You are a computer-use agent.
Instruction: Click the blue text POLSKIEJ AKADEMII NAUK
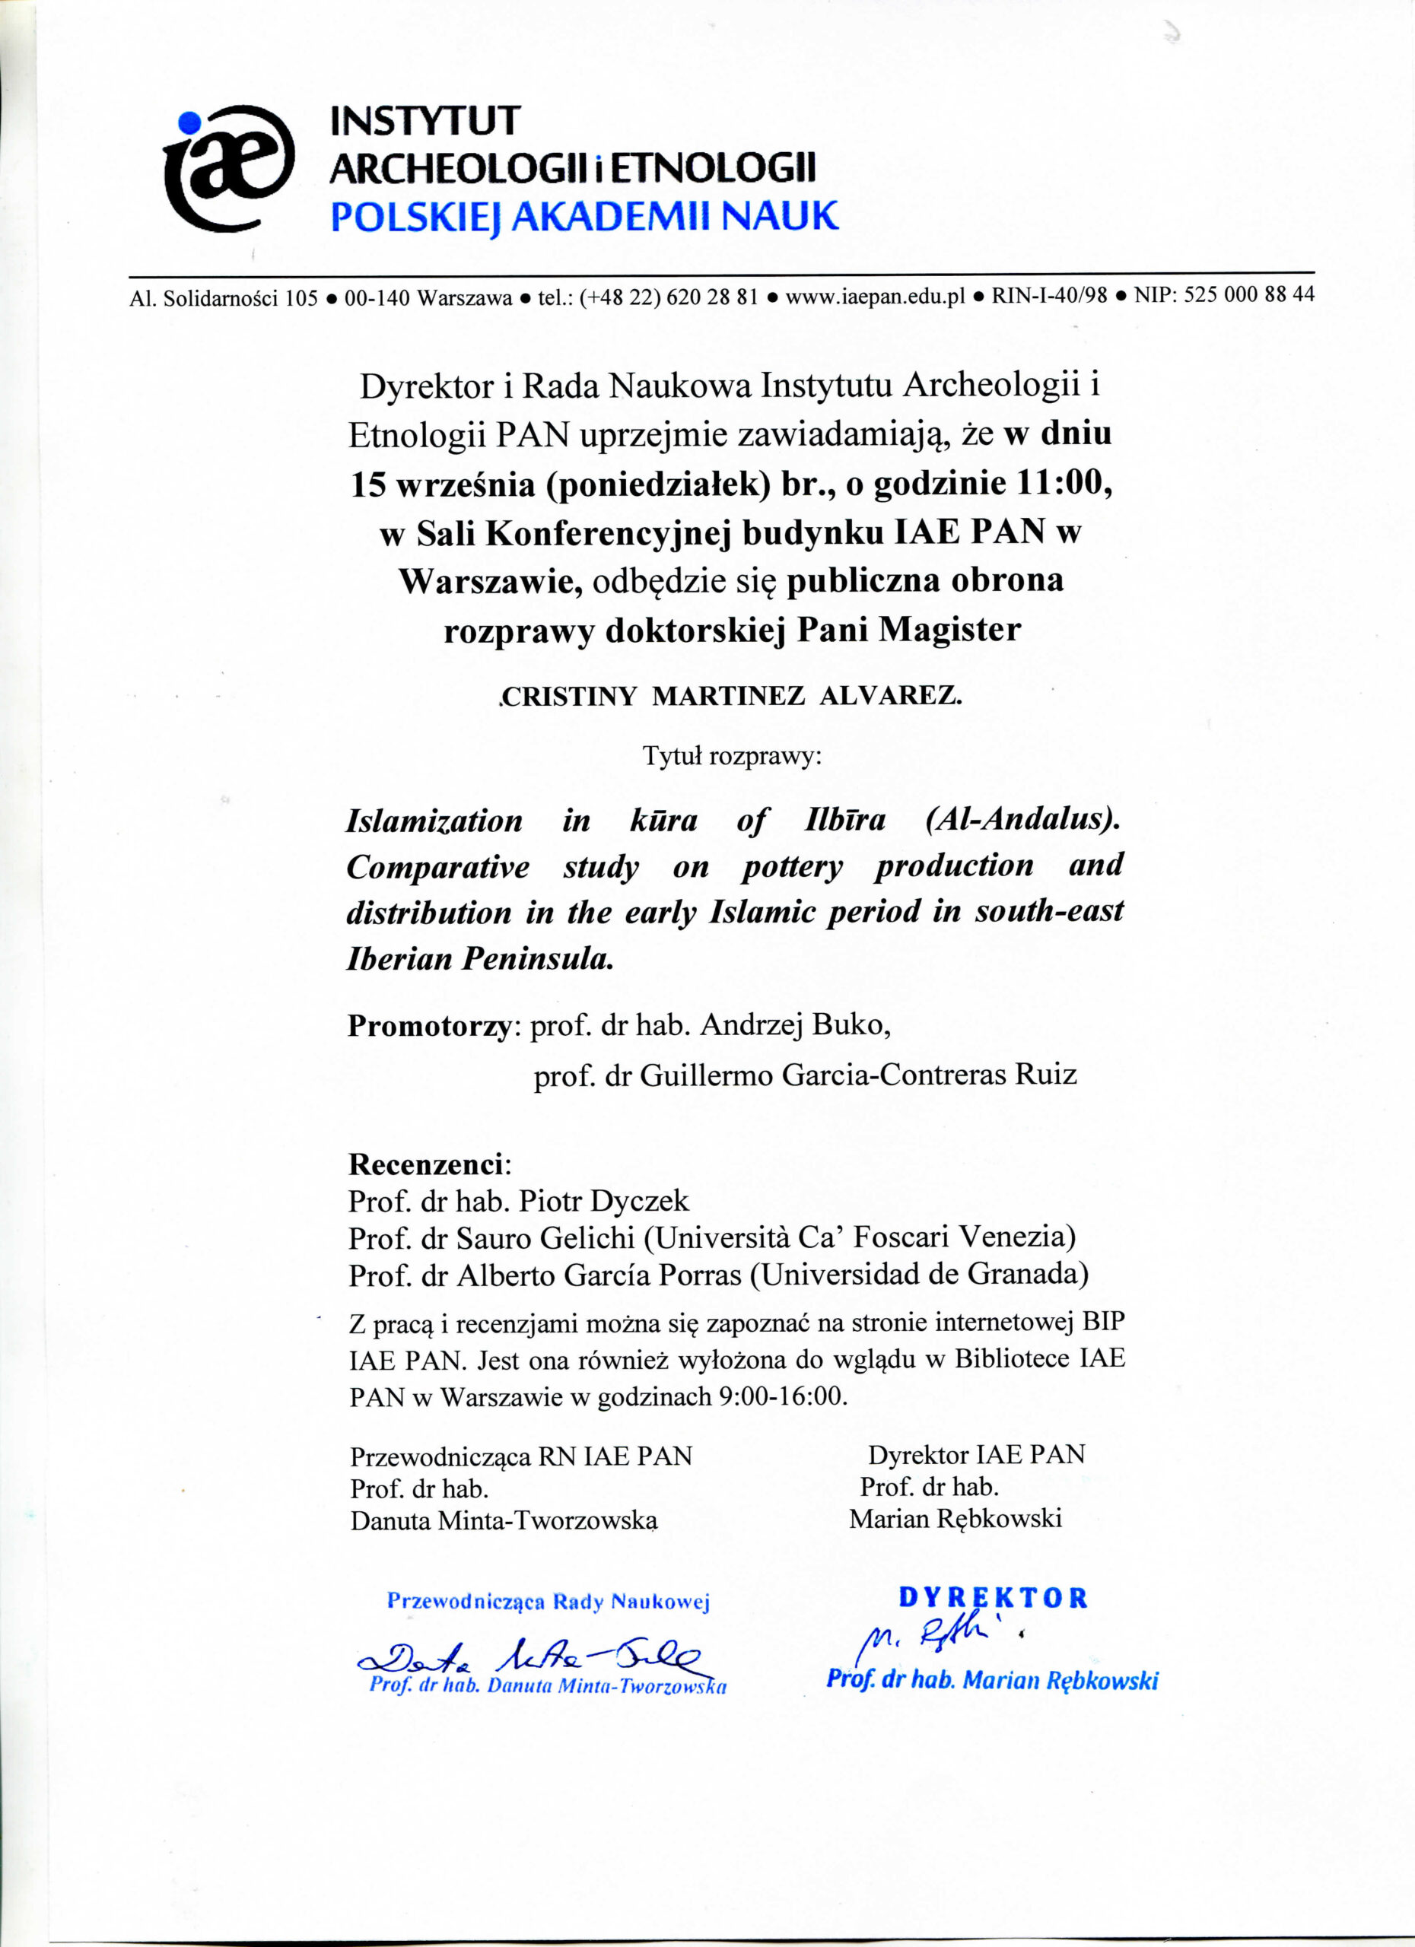[583, 216]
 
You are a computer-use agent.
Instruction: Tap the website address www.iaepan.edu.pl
[875, 297]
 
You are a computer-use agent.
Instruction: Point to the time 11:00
[1063, 483]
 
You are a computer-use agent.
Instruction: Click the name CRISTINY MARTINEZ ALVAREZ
[730, 695]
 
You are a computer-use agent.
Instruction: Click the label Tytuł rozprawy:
[733, 756]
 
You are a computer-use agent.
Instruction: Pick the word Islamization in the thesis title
[434, 821]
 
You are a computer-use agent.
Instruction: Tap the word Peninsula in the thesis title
[538, 958]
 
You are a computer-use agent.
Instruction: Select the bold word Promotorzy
[429, 1026]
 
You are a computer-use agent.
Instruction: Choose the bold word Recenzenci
[428, 1164]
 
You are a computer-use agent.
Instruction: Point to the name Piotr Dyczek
[605, 1201]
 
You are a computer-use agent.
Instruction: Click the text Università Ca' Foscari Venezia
[860, 1237]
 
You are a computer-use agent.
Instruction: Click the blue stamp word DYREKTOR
[993, 1598]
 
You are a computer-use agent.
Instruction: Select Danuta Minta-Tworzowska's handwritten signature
[533, 1653]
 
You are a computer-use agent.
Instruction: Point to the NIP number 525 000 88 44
[1248, 294]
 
